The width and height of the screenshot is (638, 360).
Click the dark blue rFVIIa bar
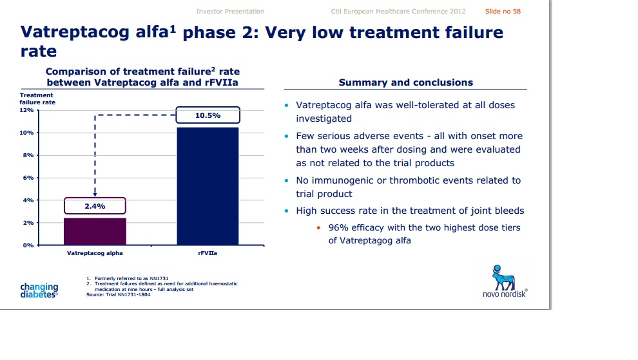pyautogui.click(x=207, y=186)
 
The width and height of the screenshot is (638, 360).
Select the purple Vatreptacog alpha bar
pyautogui.click(x=95, y=231)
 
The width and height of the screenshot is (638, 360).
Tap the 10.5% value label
pyautogui.click(x=208, y=116)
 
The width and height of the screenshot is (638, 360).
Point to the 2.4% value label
pyautogui.click(x=95, y=206)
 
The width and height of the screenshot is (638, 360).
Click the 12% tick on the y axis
pyautogui.click(x=27, y=110)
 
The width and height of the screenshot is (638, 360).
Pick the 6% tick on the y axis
pyautogui.click(x=29, y=178)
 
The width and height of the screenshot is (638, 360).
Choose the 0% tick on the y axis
pyautogui.click(x=29, y=245)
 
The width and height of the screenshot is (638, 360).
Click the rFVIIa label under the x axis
pyautogui.click(x=208, y=254)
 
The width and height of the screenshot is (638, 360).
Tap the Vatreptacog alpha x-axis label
pyautogui.click(x=95, y=254)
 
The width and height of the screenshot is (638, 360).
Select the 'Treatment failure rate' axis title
pyautogui.click(x=37, y=99)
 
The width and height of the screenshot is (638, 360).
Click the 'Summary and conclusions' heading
pyautogui.click(x=406, y=82)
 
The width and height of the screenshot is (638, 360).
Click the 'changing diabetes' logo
pyautogui.click(x=39, y=290)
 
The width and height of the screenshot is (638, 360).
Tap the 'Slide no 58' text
pyautogui.click(x=503, y=12)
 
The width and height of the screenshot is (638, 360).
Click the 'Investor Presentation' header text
pyautogui.click(x=230, y=12)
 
